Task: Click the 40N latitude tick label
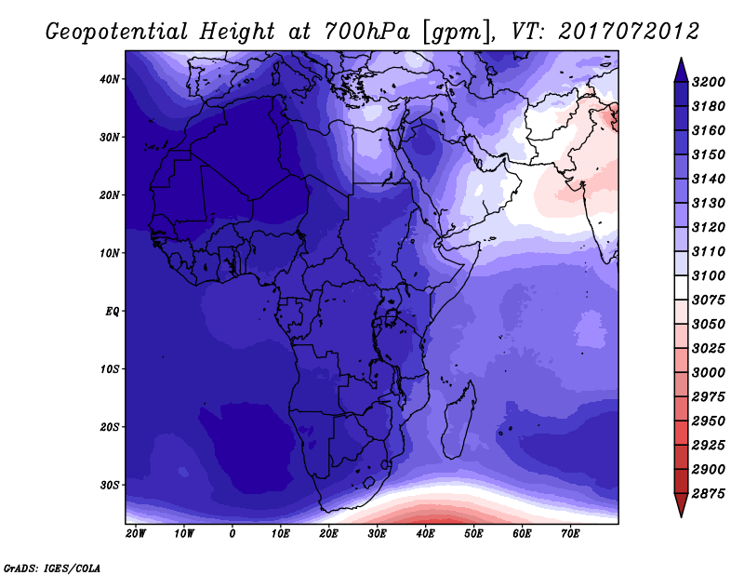110,79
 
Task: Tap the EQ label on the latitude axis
112,311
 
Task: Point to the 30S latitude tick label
110,485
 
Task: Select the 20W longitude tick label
136,534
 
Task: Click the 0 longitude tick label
232,534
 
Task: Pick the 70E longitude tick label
571,534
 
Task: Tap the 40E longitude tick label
426,534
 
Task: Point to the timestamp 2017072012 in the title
630,33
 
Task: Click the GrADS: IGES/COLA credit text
52,567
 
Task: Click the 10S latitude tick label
110,369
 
